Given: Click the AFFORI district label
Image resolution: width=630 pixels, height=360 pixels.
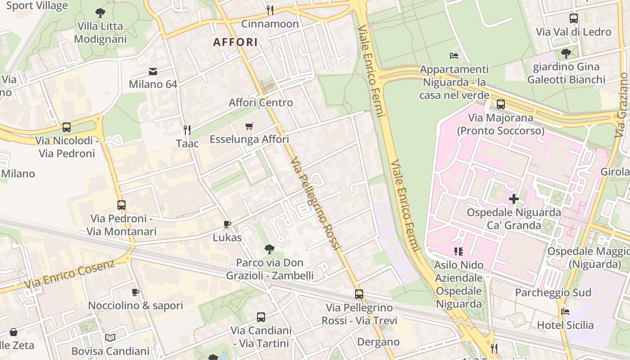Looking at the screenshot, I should click(x=235, y=42).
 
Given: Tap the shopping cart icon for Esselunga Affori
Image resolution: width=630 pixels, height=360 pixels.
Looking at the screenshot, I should click(x=249, y=126).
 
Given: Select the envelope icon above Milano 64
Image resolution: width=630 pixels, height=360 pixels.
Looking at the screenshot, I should click(x=153, y=71).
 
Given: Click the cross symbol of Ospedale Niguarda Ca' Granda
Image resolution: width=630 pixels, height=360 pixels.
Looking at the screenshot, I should click(x=514, y=198).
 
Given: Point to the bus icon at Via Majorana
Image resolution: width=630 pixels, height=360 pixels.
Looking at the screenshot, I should click(x=500, y=104).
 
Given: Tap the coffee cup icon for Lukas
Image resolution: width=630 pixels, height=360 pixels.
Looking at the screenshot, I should click(x=227, y=224).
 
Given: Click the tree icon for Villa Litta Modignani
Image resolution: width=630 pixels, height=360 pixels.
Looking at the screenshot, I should click(x=100, y=13).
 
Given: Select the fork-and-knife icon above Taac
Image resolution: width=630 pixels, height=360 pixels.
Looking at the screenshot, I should click(x=187, y=130).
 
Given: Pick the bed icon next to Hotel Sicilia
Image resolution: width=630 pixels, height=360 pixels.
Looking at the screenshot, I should click(x=565, y=311).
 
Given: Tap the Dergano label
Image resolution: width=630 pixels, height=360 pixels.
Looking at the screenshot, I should click(x=378, y=342).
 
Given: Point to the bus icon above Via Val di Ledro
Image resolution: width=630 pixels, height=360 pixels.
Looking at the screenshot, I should click(x=573, y=18).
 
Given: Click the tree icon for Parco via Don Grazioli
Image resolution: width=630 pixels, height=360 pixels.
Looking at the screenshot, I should click(x=270, y=249).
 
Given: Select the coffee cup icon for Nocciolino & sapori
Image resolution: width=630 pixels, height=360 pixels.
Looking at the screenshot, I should click(x=135, y=292).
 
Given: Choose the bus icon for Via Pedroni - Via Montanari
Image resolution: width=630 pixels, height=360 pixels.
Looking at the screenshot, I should click(x=121, y=205).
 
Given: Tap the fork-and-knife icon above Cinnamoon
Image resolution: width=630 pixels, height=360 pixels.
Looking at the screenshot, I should click(x=270, y=10).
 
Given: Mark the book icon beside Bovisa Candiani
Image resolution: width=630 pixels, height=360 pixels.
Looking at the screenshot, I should click(x=110, y=337).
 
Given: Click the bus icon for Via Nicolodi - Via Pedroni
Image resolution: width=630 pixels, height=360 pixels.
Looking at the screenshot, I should click(x=67, y=127).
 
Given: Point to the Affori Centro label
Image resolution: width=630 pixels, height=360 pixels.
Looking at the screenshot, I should click(x=261, y=103).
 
